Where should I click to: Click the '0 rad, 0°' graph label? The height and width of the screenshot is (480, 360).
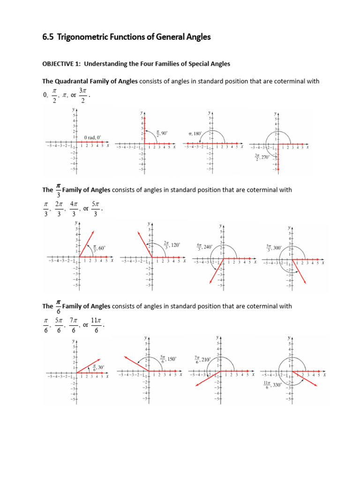point(92,137)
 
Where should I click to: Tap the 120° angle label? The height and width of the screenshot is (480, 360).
point(174,245)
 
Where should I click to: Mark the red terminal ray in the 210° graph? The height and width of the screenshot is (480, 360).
point(206,378)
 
